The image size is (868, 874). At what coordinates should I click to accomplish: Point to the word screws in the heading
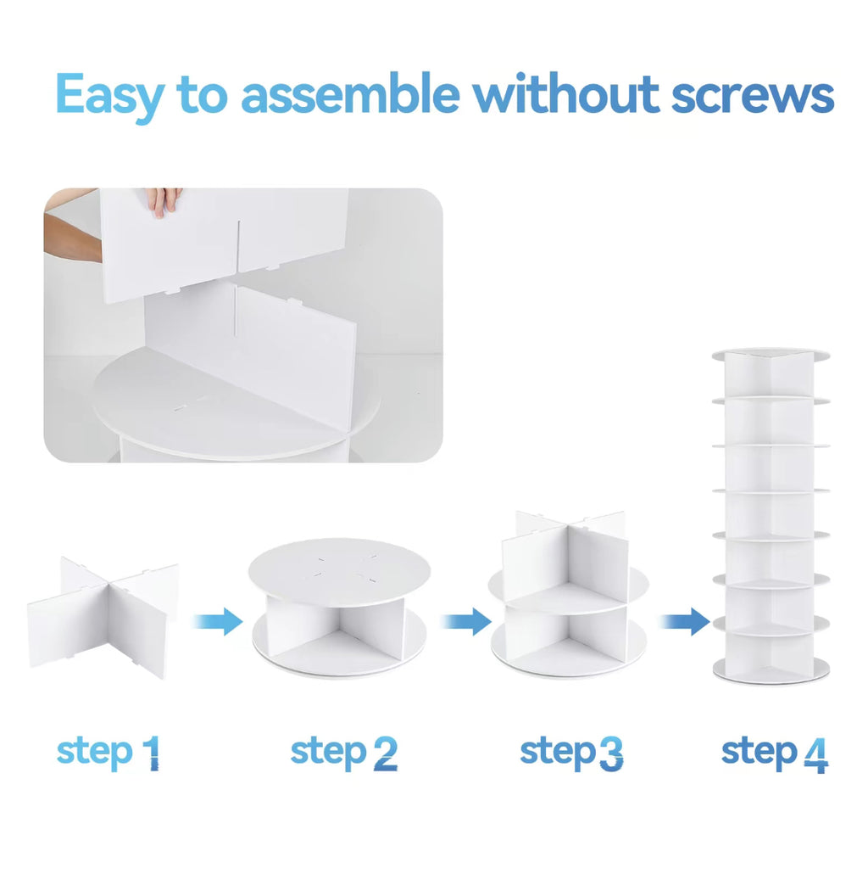point(753,96)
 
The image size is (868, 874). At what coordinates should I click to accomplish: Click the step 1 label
point(108,752)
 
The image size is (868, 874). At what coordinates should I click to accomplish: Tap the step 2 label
point(344,752)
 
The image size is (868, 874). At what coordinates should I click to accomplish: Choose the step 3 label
point(571,752)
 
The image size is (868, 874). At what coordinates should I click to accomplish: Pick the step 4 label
point(775,753)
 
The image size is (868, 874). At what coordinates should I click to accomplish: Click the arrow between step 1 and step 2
point(218,621)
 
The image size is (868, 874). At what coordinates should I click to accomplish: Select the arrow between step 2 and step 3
point(466,621)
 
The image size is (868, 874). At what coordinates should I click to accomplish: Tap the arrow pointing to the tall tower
point(685,621)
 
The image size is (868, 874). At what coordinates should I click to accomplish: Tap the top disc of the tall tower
point(771,355)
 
